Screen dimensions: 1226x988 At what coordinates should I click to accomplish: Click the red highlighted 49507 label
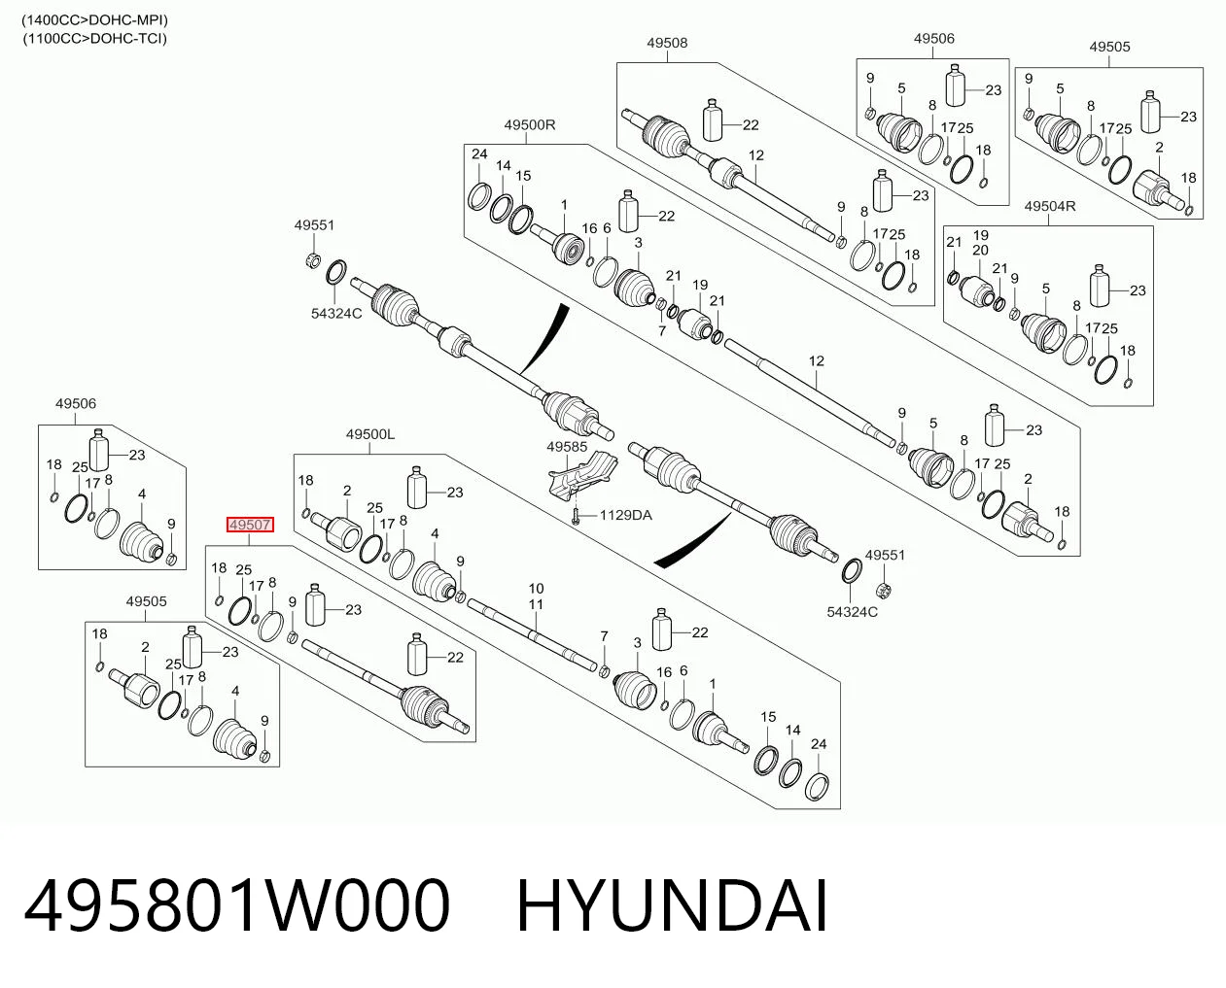pos(250,525)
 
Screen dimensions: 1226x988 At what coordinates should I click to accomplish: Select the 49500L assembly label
pos(369,434)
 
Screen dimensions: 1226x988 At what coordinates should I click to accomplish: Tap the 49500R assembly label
pos(529,124)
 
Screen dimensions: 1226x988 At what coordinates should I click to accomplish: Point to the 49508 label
pos(667,43)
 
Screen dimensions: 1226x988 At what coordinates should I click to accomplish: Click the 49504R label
pos(1050,206)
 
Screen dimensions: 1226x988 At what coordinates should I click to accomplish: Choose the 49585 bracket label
pos(567,447)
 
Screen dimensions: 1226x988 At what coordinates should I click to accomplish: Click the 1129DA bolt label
pos(625,515)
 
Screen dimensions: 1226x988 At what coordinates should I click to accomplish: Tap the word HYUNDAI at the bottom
pos(672,906)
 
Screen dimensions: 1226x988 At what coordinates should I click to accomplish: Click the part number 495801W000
pos(237,906)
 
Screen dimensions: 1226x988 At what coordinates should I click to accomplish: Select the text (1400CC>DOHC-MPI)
pos(94,20)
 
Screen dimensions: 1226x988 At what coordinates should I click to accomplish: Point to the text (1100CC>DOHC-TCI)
pos(94,39)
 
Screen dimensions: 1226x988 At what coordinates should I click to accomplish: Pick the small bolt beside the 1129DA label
pos(576,517)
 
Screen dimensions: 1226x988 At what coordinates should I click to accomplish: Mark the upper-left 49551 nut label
pos(314,225)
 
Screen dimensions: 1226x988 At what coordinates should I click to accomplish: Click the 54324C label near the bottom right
pos(853,612)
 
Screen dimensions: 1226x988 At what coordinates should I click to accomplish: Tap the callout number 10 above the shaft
pos(536,588)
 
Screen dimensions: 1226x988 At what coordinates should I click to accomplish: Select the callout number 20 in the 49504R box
pos(980,250)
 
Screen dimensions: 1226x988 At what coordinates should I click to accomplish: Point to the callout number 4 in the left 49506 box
pos(142,494)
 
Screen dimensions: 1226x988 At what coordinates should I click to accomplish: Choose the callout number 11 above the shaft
pos(536,603)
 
